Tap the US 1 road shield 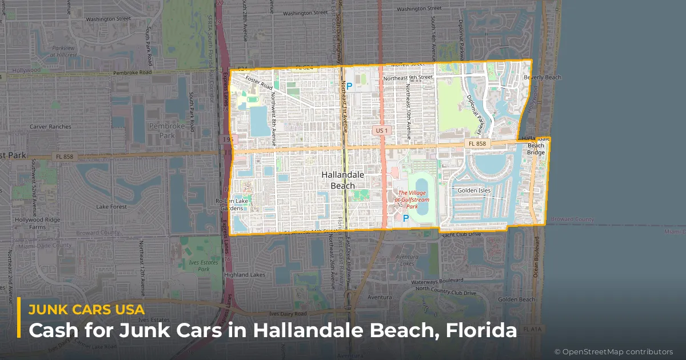coord(381,130)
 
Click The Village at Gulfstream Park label coord(413,199)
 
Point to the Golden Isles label coord(474,190)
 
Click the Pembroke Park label coord(166,130)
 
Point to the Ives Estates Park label coord(204,265)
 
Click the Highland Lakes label coord(245,275)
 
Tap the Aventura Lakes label coord(406,260)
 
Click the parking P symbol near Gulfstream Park coord(406,218)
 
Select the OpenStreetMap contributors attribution coord(613,351)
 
